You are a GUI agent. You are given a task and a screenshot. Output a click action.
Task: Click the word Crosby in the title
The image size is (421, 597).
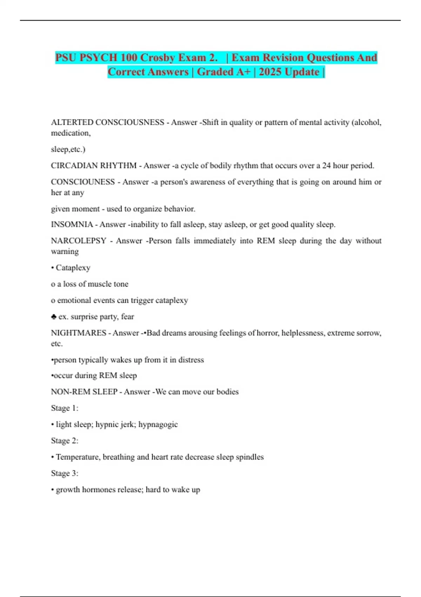point(165,57)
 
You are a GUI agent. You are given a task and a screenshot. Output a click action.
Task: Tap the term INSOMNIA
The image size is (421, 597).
point(72,224)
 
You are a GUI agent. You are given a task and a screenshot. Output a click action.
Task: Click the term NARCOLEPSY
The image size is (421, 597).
point(79,241)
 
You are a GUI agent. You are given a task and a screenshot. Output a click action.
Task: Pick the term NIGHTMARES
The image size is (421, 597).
point(79,333)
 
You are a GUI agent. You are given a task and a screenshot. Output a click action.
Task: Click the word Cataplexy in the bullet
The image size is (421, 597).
point(73,268)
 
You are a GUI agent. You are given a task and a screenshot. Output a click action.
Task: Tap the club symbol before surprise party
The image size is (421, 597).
point(54,317)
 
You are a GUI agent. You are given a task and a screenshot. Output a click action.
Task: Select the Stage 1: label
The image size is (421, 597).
point(65,408)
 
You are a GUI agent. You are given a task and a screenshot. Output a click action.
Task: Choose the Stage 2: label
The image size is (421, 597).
point(65,441)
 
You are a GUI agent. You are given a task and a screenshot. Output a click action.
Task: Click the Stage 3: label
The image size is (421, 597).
point(65,473)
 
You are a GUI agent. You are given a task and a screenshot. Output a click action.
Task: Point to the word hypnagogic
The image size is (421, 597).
point(158,424)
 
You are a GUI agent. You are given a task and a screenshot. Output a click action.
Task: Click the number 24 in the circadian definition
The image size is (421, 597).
point(326,165)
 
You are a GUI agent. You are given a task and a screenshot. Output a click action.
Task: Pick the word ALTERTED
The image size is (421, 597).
point(72,122)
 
